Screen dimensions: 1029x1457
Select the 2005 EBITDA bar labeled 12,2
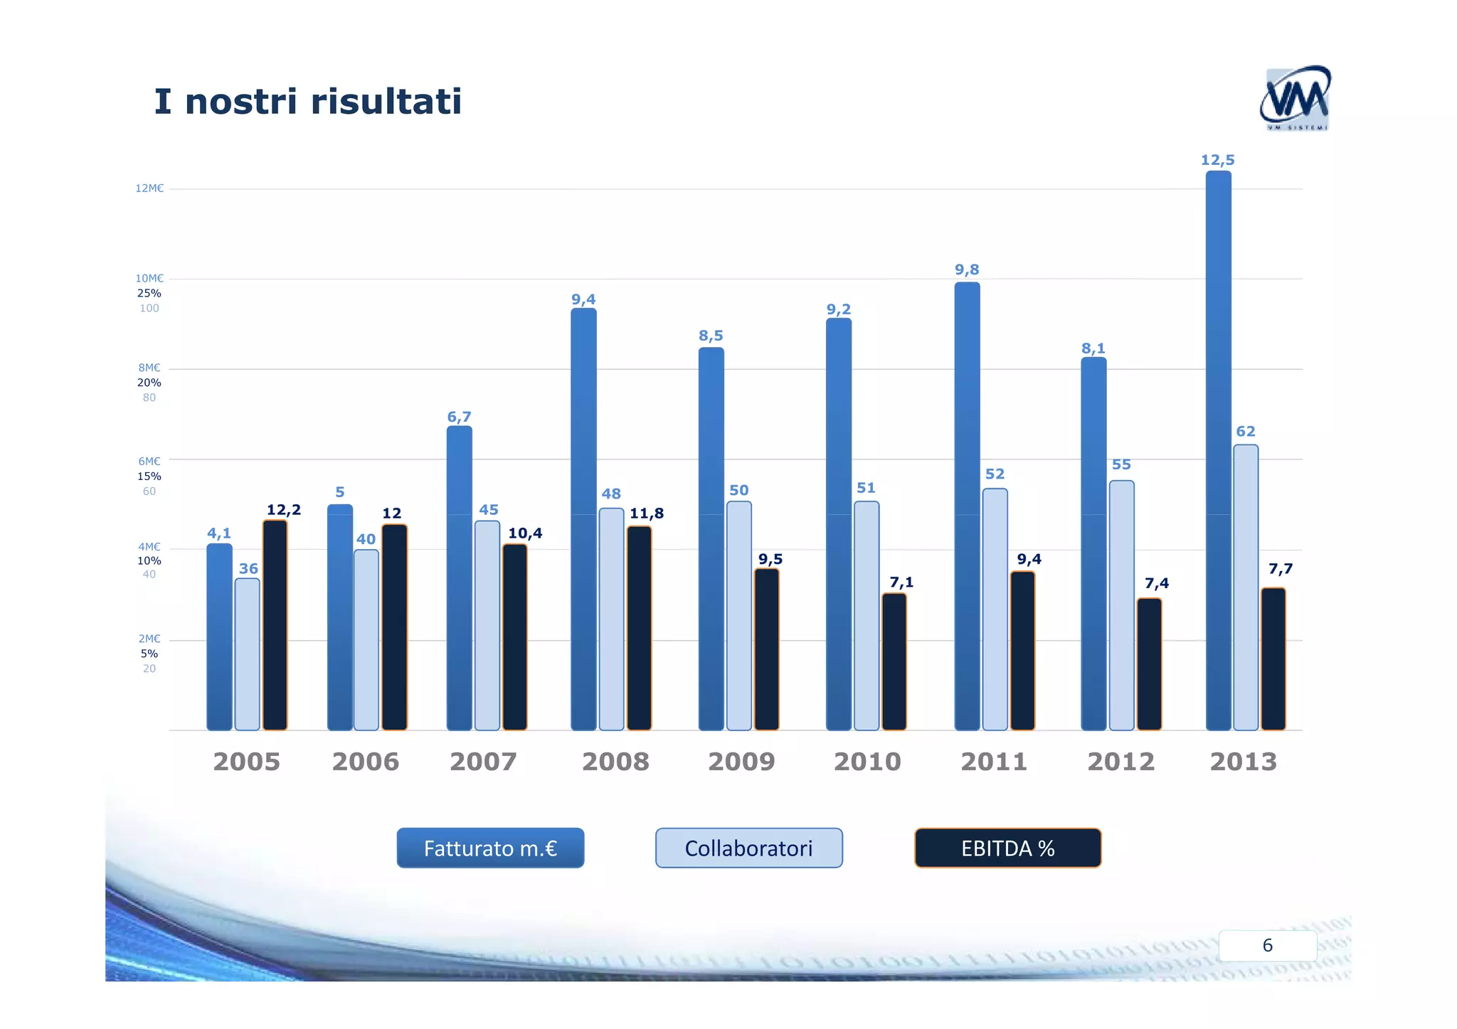point(275,626)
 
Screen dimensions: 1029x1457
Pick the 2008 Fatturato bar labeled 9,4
point(583,519)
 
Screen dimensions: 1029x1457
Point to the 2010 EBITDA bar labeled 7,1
point(894,661)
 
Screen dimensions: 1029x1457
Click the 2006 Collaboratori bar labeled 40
point(366,640)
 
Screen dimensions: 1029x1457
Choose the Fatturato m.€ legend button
point(490,848)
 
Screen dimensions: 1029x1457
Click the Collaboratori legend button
point(748,848)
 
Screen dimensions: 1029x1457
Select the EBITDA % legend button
point(1007,848)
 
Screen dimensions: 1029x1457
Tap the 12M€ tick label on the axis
point(149,188)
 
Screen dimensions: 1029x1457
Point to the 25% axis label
point(149,293)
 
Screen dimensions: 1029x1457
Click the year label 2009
point(741,762)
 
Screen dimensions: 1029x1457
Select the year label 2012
point(1120,762)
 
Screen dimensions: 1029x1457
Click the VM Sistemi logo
point(1295,98)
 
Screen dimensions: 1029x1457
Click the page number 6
point(1267,945)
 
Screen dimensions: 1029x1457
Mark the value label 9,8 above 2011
point(967,270)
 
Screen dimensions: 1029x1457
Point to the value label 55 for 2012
point(1121,464)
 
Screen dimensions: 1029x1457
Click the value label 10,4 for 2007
point(525,533)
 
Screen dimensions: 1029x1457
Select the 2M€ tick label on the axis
point(149,639)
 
